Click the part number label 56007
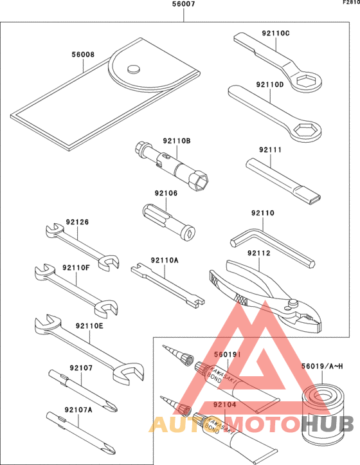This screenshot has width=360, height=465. (183, 5)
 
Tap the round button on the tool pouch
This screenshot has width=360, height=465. (134, 69)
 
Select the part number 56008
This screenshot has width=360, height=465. (83, 55)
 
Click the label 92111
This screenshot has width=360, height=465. (271, 150)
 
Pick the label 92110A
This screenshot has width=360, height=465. (164, 260)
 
